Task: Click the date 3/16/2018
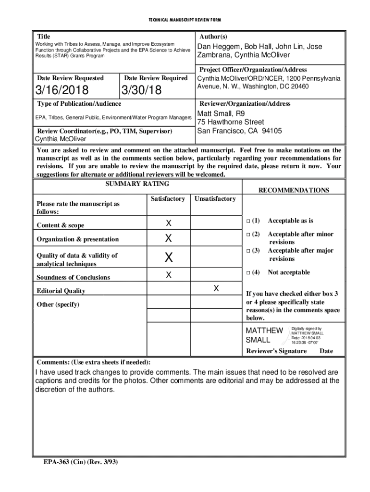61,90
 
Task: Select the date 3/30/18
141,90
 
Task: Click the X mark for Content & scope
169,223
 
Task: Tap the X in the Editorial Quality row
216,288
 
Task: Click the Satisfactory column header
168,198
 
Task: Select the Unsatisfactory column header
215,198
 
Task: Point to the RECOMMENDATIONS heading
294,190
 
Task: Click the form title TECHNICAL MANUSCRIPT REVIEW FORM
185,20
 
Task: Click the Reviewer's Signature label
276,351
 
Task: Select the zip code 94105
270,131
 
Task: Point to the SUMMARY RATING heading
137,184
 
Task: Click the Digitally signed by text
307,329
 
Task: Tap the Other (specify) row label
58,304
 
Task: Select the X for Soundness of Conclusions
169,275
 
